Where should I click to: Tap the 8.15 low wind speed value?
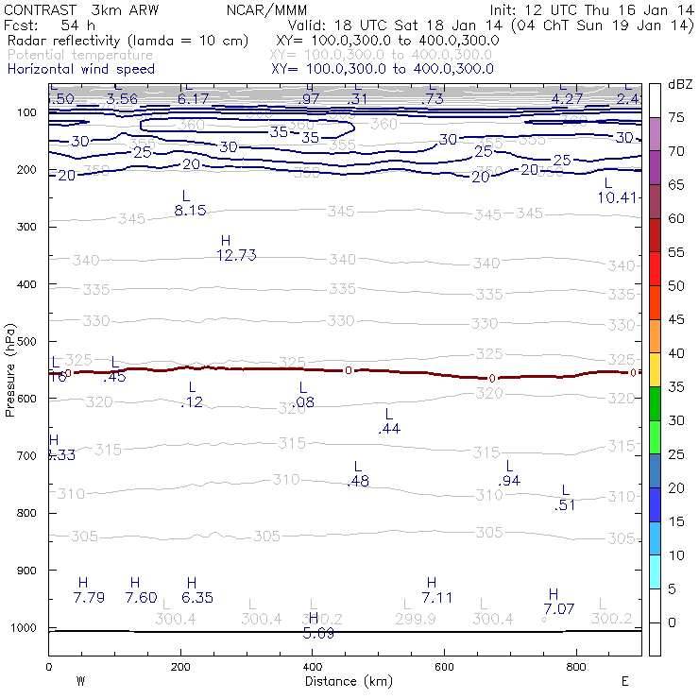tap(190, 211)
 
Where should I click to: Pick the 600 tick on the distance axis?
tap(444, 666)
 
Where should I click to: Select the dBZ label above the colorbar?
tap(679, 84)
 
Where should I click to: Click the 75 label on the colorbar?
tap(676, 117)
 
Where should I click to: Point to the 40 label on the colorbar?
tap(676, 352)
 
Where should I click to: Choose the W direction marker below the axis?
tap(80, 681)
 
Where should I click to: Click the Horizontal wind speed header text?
tap(80, 69)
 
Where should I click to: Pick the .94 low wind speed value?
tap(509, 481)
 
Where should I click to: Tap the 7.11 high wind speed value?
tap(438, 597)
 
